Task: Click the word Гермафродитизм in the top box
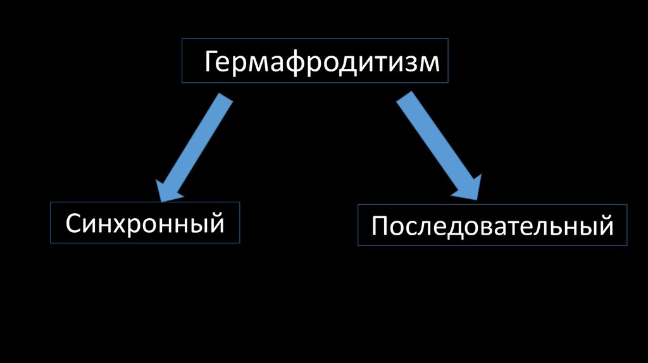click(x=321, y=63)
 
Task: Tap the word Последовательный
click(x=492, y=226)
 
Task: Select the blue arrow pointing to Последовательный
click(x=437, y=145)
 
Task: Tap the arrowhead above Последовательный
click(x=468, y=188)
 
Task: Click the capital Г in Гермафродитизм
click(x=211, y=62)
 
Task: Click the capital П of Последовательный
click(x=380, y=226)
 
